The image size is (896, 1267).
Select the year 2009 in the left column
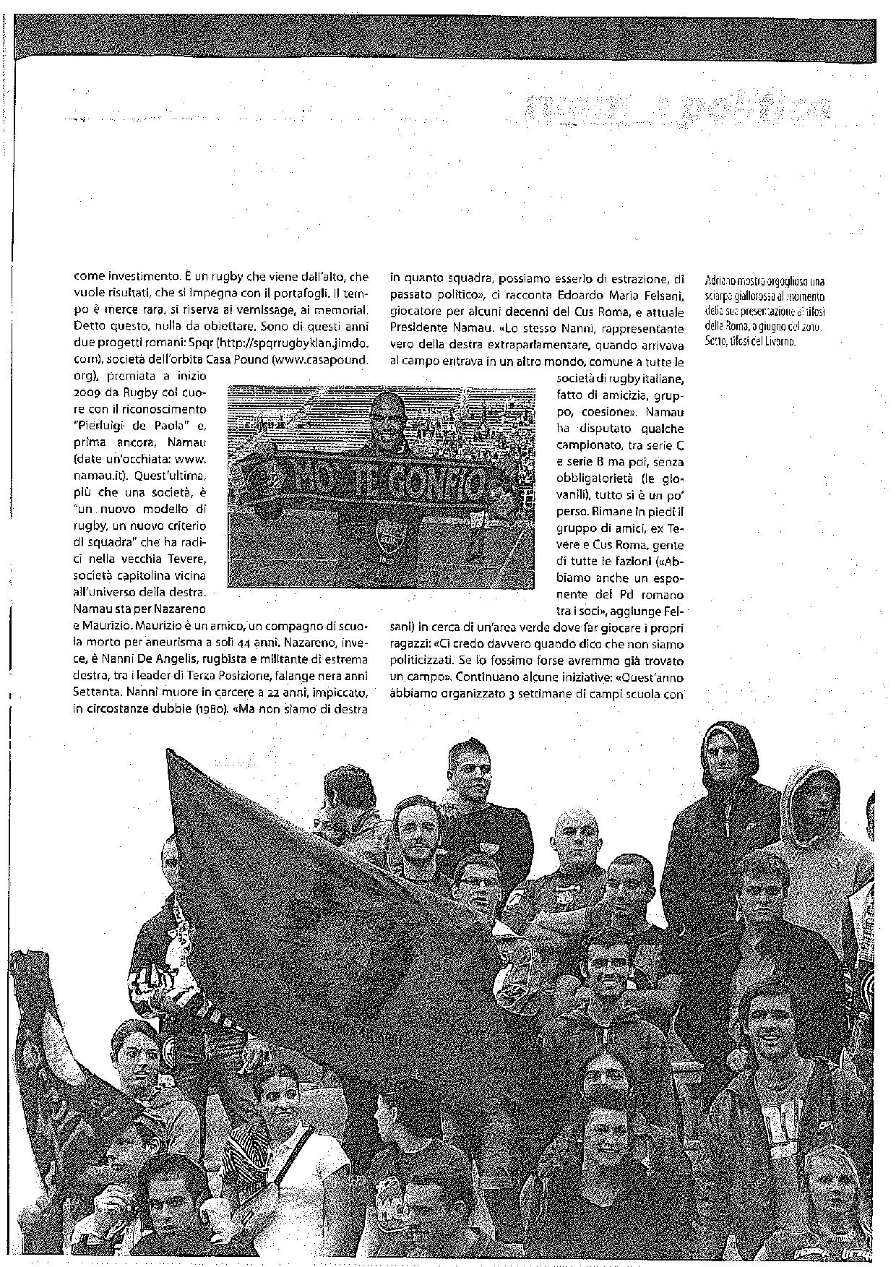(90, 392)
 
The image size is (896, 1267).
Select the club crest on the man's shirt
(384, 538)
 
